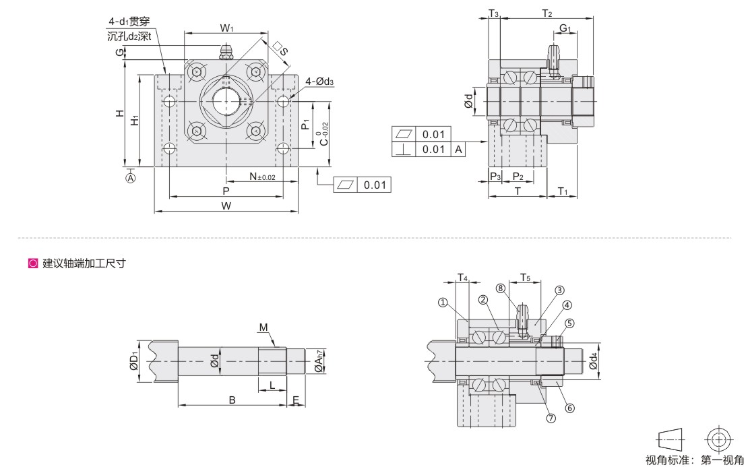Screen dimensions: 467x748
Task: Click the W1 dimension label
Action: [226, 28]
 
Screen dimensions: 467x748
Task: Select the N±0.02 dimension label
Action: [262, 177]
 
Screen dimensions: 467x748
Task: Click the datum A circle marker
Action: [131, 178]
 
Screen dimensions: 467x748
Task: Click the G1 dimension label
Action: [565, 28]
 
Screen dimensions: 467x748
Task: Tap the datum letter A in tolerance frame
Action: [458, 150]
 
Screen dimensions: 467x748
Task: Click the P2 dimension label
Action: [518, 177]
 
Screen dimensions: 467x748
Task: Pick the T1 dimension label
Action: [565, 191]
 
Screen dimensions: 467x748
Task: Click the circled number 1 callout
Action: [444, 303]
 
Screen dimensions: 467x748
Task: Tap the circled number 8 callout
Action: [500, 288]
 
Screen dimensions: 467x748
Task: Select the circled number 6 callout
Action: [570, 408]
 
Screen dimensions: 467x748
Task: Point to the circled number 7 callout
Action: [551, 418]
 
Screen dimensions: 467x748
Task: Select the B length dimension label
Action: [232, 400]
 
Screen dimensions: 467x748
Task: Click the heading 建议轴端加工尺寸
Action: [84, 263]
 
